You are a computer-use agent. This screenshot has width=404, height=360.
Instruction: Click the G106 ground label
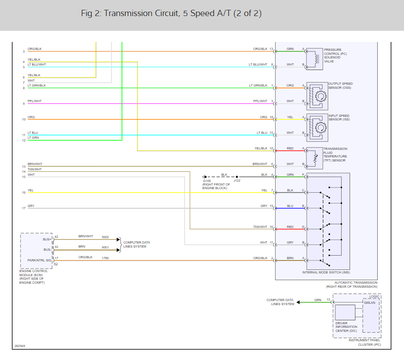(x=208, y=181)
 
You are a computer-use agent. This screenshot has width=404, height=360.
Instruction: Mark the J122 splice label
(x=237, y=181)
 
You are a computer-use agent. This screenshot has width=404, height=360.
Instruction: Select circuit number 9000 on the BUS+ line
(x=105, y=236)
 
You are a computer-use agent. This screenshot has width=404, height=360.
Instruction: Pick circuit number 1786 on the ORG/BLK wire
(x=105, y=258)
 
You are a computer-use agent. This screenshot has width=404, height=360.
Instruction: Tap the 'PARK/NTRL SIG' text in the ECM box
(x=40, y=260)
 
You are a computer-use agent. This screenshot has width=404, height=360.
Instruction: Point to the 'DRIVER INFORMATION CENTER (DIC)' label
(x=346, y=327)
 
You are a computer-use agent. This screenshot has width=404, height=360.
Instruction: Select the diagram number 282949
(x=20, y=346)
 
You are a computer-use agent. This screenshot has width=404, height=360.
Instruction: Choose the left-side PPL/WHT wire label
(x=35, y=101)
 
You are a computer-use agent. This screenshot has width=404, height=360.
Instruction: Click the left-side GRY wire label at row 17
(x=31, y=206)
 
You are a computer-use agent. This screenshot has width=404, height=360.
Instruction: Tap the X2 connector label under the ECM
(x=56, y=264)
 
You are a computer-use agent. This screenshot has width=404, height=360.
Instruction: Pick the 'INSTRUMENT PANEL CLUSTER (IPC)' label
(x=365, y=343)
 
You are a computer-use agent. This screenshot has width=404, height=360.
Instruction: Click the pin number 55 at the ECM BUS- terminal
(x=56, y=247)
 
